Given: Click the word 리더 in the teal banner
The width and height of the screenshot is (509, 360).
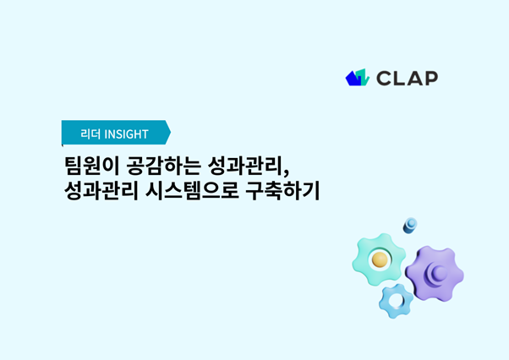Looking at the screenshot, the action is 90,134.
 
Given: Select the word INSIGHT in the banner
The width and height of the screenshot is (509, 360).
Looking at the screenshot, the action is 127,134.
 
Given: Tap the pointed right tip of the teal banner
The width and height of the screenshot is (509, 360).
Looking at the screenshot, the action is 171,133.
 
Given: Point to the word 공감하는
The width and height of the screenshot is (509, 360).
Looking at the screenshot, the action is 164,166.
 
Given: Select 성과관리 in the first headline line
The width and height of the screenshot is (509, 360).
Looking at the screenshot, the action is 245,166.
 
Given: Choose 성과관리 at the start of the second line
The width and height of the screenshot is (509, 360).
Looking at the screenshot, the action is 101,191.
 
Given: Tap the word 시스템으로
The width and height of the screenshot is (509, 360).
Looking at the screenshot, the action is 193,191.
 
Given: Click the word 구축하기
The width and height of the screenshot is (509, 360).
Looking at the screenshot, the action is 282,191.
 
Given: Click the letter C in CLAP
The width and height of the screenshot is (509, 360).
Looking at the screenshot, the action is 384,79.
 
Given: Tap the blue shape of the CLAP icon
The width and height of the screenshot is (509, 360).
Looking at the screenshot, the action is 353,79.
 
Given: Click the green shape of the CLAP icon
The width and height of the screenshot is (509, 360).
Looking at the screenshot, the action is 364,78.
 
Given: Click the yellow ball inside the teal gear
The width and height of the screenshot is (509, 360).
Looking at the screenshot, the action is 380,259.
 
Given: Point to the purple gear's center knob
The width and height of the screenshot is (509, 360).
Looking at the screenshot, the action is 439,272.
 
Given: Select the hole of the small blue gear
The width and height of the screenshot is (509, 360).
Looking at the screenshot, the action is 396,301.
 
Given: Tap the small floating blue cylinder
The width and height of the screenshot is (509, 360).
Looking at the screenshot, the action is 410,226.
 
